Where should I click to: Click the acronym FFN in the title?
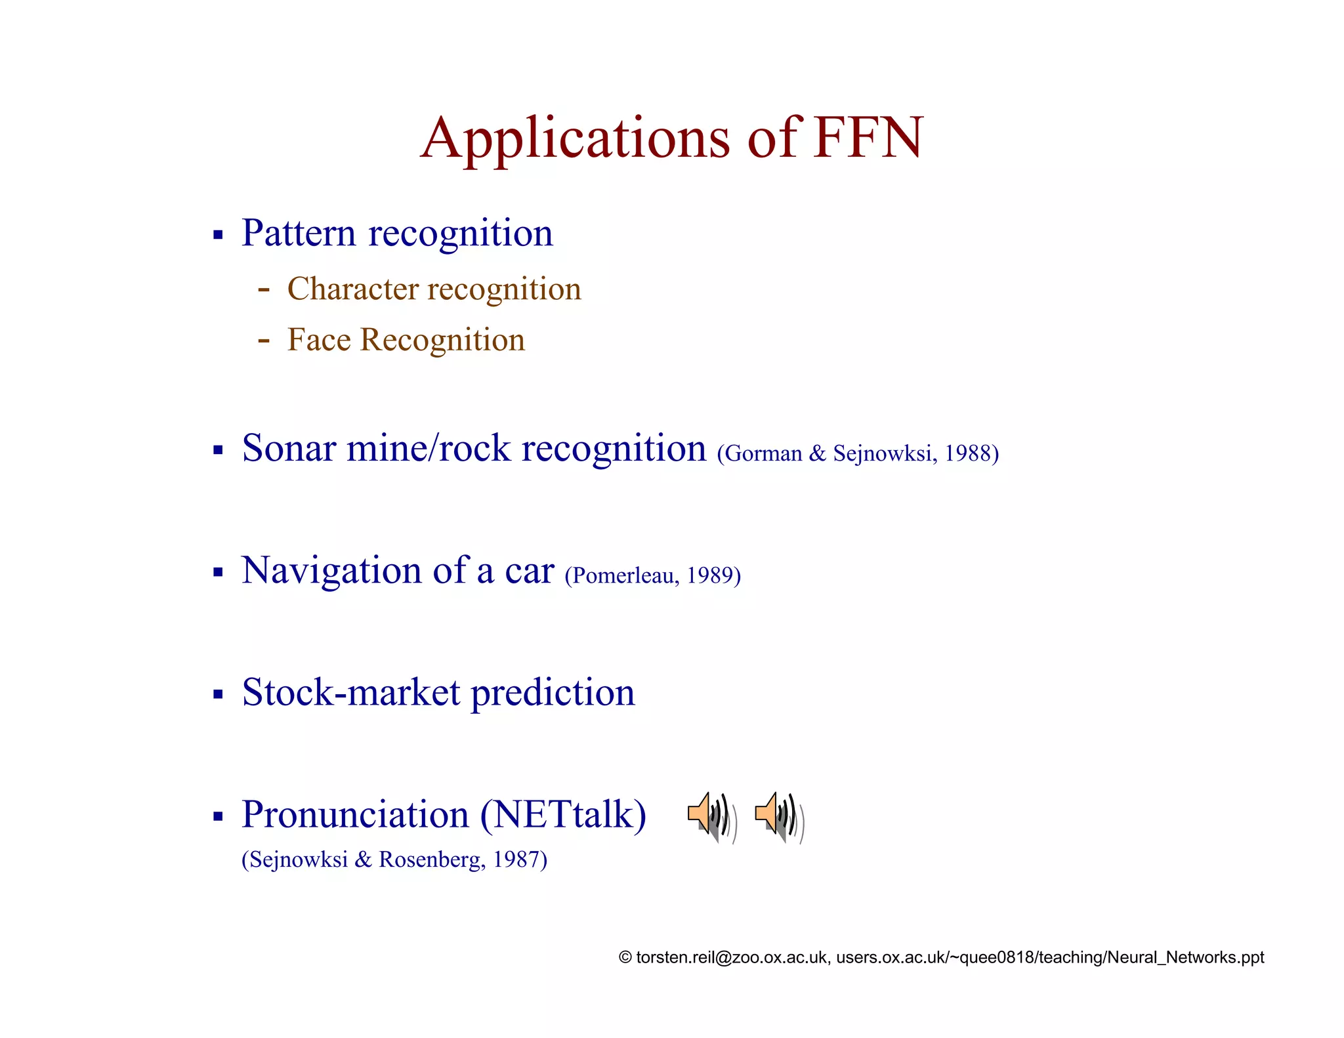(868, 138)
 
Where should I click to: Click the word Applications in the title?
(574, 139)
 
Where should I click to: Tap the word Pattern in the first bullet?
(299, 233)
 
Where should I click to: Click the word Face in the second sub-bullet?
(319, 340)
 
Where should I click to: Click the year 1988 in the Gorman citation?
(967, 453)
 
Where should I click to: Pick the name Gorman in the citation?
(764, 453)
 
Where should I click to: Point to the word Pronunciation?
(355, 815)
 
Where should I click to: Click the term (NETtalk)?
(563, 815)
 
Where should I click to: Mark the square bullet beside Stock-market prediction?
(219, 694)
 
